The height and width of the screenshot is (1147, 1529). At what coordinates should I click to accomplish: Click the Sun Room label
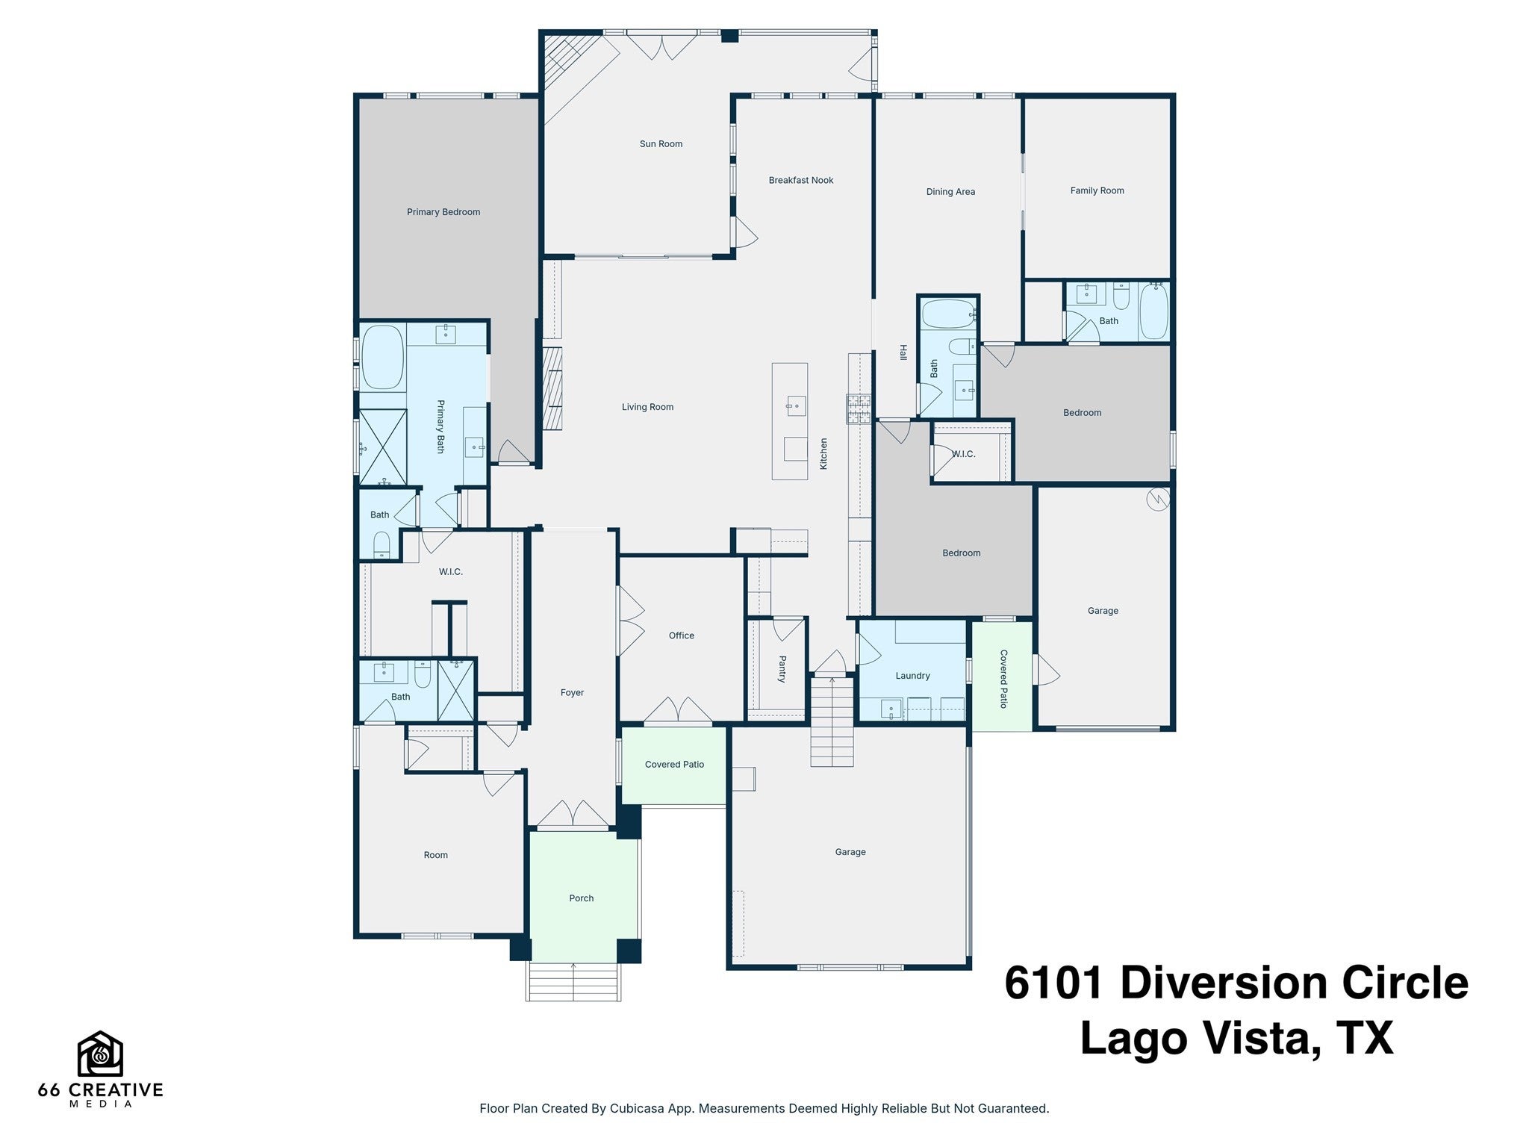[x=661, y=144]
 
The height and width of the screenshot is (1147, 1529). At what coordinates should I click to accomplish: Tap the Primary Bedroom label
[x=443, y=212]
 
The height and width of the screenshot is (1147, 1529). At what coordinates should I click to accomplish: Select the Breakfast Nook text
[x=801, y=180]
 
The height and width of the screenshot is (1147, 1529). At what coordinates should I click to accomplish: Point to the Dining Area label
[x=950, y=192]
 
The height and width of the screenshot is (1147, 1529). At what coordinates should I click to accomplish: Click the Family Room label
[x=1097, y=190]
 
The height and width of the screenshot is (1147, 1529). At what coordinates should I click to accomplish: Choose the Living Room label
[x=647, y=407]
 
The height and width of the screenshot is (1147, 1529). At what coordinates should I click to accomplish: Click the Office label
[x=682, y=635]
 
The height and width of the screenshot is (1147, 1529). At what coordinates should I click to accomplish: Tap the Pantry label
[x=782, y=669]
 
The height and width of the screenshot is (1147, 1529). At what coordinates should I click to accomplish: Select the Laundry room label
[x=912, y=676]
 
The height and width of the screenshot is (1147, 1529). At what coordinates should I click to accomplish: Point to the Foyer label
[x=572, y=693]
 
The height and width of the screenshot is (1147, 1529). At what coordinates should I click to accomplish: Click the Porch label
[x=581, y=898]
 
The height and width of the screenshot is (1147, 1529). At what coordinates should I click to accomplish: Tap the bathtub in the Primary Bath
[x=382, y=357]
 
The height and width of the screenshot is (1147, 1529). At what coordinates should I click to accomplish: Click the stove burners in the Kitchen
[x=859, y=408]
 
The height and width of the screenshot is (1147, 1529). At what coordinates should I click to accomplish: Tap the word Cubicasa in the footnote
[x=639, y=1108]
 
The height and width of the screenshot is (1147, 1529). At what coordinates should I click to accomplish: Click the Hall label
[x=903, y=352]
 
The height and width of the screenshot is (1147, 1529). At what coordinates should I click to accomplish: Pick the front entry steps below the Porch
[x=573, y=981]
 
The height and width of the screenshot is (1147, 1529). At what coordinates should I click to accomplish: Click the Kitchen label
[x=824, y=453]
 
